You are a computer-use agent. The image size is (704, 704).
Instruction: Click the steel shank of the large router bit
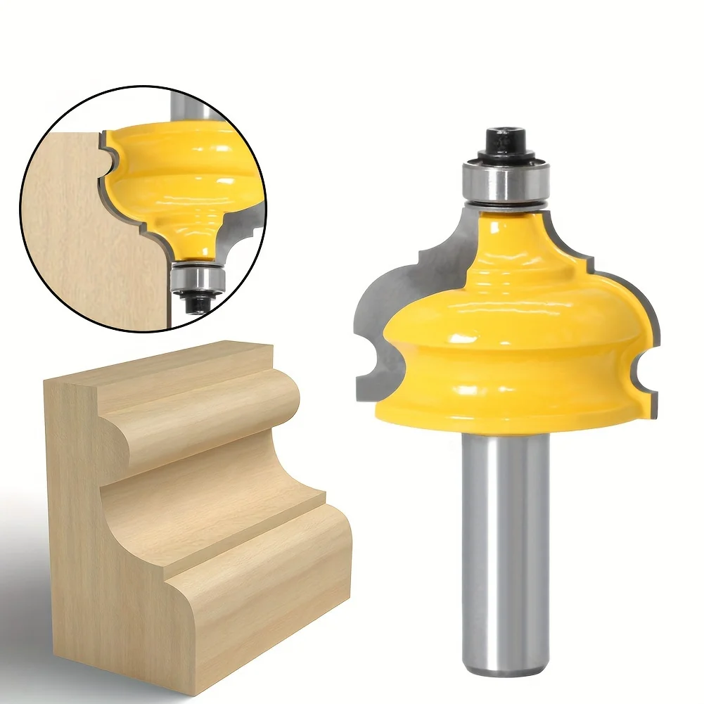pos(503,535)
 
